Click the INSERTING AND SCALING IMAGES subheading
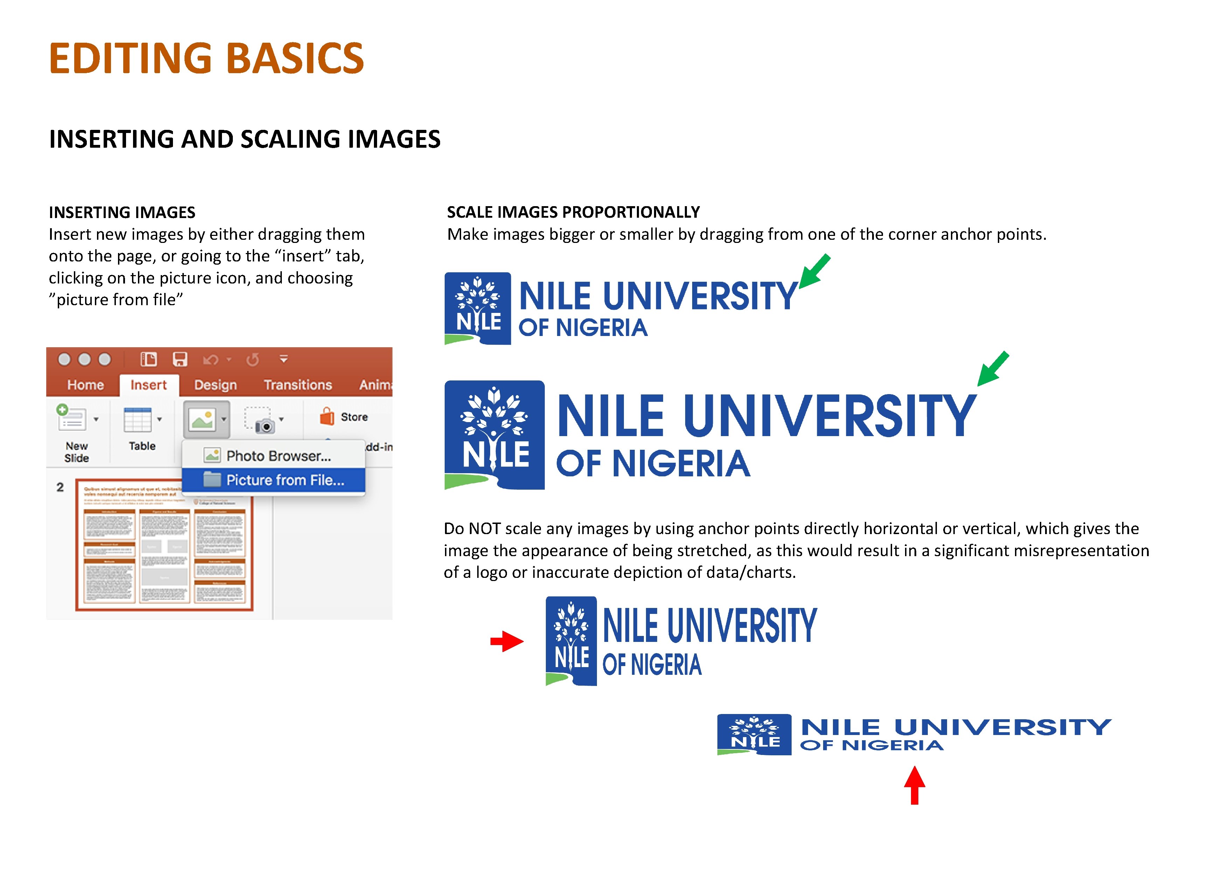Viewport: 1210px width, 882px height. [245, 139]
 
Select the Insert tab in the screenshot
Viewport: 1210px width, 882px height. [148, 385]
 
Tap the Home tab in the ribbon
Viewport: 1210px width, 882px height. [85, 385]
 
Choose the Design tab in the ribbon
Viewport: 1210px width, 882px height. [215, 385]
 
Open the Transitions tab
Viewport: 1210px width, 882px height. [298, 385]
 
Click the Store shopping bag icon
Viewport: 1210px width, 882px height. [327, 416]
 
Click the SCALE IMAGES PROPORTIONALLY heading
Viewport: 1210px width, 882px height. [573, 212]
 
